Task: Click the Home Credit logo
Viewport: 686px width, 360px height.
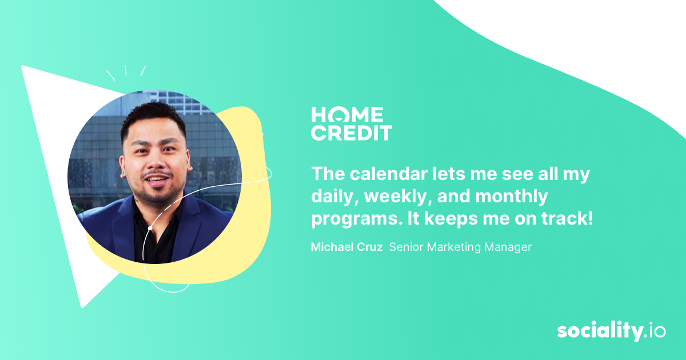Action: (x=351, y=123)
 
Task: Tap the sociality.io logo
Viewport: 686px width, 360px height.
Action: (x=611, y=331)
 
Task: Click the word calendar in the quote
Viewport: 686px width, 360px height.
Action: (x=392, y=174)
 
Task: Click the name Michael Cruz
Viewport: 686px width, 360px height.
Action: (x=346, y=247)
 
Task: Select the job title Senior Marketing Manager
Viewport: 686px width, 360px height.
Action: (x=460, y=247)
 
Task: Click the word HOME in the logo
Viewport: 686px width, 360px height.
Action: (x=347, y=114)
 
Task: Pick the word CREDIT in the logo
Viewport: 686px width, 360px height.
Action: (x=351, y=133)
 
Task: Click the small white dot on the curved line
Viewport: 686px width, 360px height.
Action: (x=150, y=228)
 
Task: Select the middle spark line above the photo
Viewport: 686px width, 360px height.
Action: (x=126, y=70)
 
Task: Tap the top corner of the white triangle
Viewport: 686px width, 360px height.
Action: (x=23, y=67)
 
